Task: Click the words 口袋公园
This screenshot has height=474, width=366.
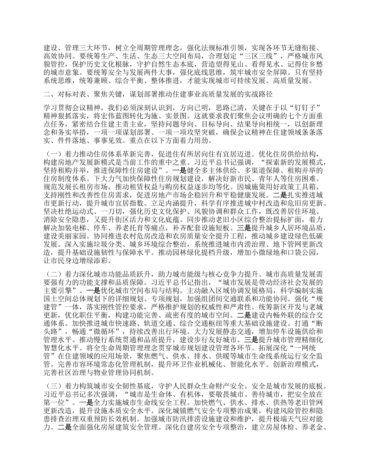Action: [x=303, y=252]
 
